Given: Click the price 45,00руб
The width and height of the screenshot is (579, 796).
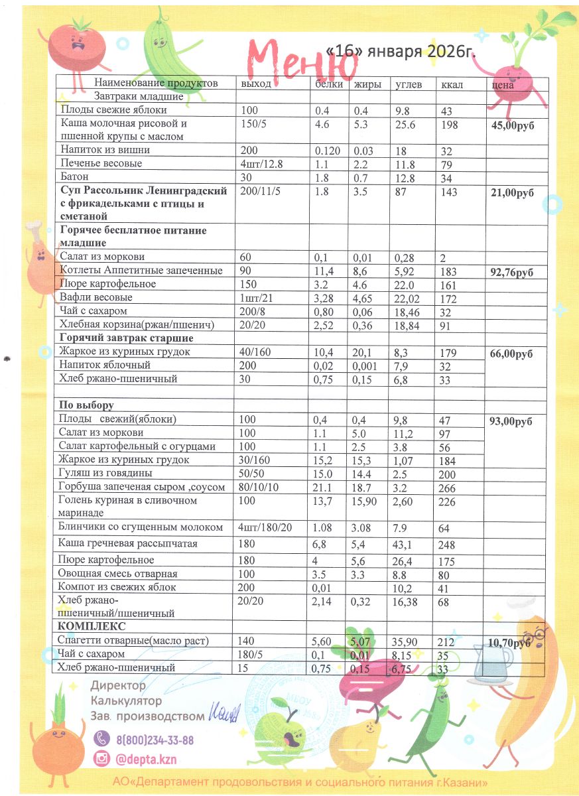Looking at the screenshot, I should pos(513,125).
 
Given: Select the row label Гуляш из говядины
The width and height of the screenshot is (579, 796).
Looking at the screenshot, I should pos(105,474).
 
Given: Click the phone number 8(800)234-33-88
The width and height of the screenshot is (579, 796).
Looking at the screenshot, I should pos(155,740).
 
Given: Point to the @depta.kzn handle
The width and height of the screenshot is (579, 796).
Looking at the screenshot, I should pos(146,760).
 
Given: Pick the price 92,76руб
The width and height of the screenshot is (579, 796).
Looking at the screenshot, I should pos(513,272).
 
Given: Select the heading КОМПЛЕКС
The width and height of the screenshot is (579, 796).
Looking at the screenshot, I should pos(92,627).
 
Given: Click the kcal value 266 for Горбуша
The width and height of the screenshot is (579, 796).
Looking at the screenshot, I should pos(446,488).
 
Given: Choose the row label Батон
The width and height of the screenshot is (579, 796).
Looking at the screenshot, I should pos(74,177).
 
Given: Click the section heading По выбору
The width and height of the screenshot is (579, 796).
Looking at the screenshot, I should pos(87,405).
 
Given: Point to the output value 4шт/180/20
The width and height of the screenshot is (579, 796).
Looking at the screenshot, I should pos(264,527).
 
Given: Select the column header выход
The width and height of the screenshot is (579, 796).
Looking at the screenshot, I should pos(256,84).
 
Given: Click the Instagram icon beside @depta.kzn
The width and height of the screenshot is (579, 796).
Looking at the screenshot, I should pos(101,760).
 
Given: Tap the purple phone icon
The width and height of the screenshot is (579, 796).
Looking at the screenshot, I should pos(101,740).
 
